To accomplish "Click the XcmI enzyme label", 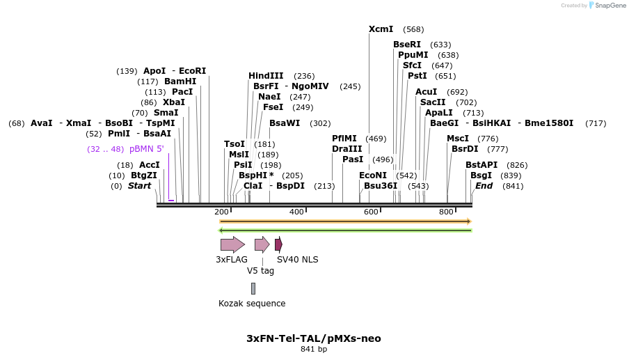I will [x=381, y=29].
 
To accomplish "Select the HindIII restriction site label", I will [x=266, y=76].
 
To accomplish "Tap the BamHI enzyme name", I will [x=180, y=81].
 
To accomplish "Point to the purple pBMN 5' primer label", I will [x=146, y=149].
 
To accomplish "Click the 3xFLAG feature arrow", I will [x=232, y=244].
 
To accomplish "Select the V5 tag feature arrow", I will [x=262, y=244].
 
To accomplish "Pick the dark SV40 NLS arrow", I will [x=278, y=244].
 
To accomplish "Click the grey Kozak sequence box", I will [x=253, y=288].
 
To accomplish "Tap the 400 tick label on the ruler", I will [x=296, y=212].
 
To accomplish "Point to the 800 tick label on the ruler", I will [x=446, y=212].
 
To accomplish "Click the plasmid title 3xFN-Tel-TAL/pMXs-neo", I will [x=314, y=338].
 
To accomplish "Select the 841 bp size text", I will [x=314, y=349].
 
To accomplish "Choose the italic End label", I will [x=484, y=186].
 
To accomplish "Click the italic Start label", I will [x=139, y=186].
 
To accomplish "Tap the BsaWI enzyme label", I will [x=285, y=123].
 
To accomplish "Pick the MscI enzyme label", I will [x=458, y=139].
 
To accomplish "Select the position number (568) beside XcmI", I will [x=413, y=29].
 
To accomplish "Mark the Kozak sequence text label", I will [x=252, y=304].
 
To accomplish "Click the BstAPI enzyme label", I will [x=481, y=165].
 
